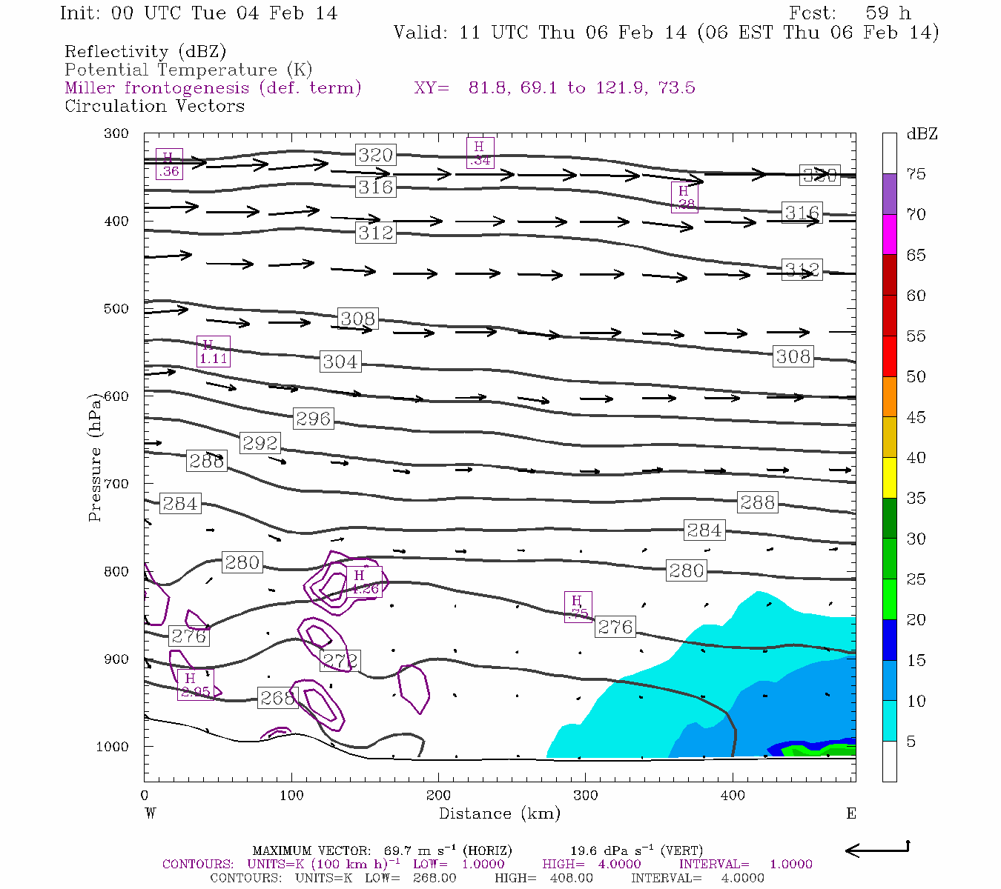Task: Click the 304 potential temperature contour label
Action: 340,362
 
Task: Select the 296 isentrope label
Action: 313,419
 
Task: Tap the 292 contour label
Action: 260,443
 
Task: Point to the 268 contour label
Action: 277,698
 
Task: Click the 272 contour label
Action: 340,660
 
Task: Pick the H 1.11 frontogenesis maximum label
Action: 214,351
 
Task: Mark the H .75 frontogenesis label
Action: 578,607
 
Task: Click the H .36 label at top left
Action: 169,164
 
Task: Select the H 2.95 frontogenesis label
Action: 195,685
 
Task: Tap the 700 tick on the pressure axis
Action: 116,484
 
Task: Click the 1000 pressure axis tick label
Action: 113,747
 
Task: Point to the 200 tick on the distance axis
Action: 438,795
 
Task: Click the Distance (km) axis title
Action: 499,813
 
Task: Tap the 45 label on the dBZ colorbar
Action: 916,417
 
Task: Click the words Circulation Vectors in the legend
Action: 154,106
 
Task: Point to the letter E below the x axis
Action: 851,813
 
